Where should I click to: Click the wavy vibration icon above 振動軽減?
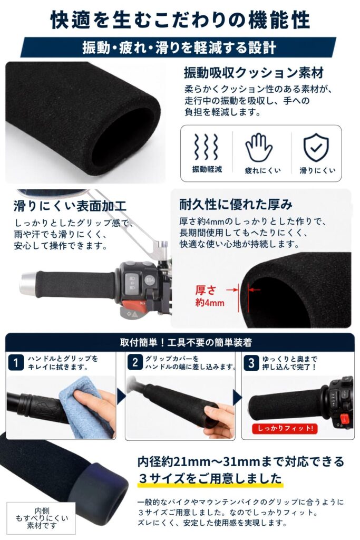[206, 147]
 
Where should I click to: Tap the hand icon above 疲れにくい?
[259, 148]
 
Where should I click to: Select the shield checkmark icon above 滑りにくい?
[316, 148]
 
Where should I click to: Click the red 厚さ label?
[206, 291]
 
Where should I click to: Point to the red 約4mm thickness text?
[210, 303]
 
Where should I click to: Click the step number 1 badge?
[16, 363]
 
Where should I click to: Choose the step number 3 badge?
[251, 363]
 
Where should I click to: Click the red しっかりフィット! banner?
[285, 428]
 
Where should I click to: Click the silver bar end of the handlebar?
[28, 284]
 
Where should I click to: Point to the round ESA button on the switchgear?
[150, 280]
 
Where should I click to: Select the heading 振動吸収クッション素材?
[254, 73]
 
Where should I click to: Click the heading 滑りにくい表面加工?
[70, 206]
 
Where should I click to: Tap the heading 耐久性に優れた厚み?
[236, 205]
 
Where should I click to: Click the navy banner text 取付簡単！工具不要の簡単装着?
[186, 342]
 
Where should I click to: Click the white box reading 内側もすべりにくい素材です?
[41, 518]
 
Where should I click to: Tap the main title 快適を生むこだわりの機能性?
[180, 20]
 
